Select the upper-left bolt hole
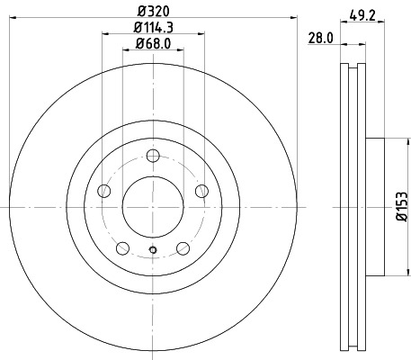coord(103,190)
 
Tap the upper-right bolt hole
coord(201,190)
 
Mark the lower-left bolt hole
coord(121,247)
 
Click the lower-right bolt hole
coord(183,247)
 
